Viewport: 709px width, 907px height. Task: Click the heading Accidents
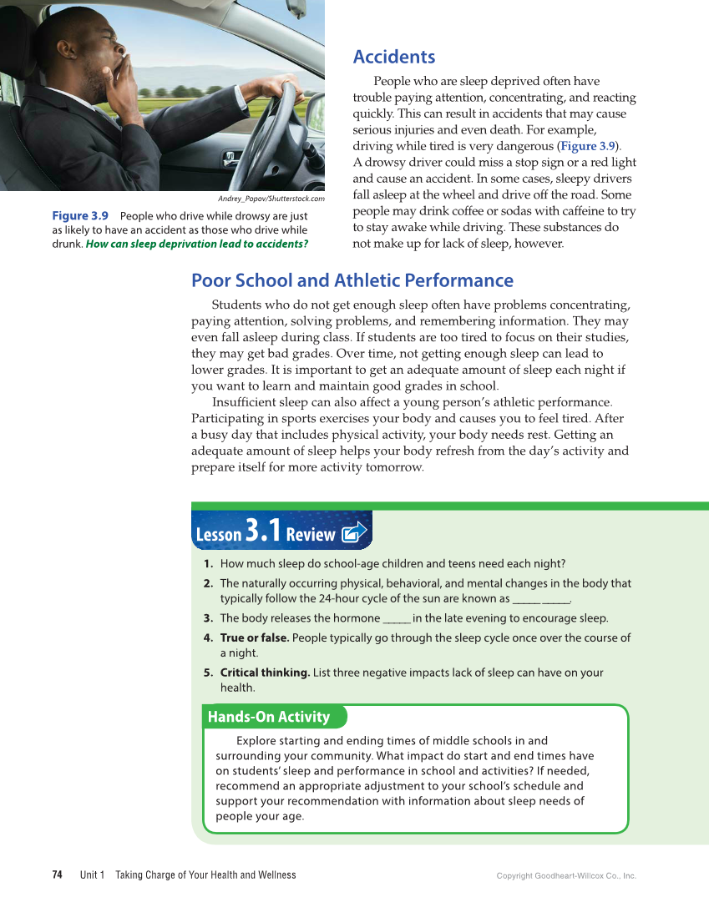[393, 57]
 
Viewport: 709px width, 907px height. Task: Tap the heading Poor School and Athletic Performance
[352, 280]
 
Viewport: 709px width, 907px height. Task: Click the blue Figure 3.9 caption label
[80, 215]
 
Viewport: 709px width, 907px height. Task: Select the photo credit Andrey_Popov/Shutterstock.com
[271, 199]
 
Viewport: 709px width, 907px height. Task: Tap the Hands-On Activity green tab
[269, 717]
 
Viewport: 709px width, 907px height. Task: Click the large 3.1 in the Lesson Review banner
[263, 531]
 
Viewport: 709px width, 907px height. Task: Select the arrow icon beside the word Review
[354, 532]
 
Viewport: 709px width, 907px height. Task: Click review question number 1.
[208, 563]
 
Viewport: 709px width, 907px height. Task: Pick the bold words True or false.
[254, 637]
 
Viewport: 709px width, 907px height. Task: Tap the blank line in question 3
[396, 618]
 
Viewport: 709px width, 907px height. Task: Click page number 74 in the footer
[57, 875]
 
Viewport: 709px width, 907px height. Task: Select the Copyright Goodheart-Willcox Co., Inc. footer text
[566, 876]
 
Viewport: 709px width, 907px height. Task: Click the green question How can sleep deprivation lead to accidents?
[197, 244]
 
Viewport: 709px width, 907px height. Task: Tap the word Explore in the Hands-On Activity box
[256, 741]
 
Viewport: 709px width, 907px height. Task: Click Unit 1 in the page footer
[92, 875]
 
